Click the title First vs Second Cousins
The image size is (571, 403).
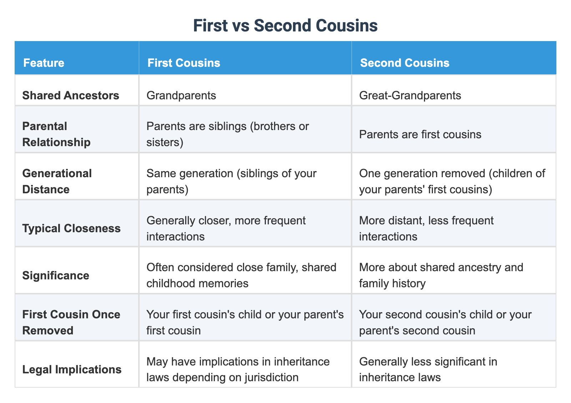coord(285,26)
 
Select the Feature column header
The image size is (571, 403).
coord(44,63)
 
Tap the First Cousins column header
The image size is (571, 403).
coord(184,63)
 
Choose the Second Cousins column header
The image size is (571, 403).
coord(404,63)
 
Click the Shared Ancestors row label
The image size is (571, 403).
coord(71,95)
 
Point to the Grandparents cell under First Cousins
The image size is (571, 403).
coord(181,95)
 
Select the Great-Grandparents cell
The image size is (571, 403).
coord(410,95)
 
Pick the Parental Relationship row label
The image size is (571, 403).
coord(56,134)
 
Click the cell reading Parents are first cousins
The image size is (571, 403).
coord(420,134)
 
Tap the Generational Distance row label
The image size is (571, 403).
coord(57,181)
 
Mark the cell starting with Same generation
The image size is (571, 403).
coord(231,181)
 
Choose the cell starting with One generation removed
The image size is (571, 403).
coord(452,181)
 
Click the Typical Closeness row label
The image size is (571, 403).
coord(71,228)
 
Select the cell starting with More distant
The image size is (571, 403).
coord(426,228)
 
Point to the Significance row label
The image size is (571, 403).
coord(56,275)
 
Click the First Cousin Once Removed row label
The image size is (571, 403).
coord(71,322)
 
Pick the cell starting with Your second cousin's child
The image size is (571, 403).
coord(445,322)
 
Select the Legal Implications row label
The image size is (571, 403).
coord(72,369)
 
